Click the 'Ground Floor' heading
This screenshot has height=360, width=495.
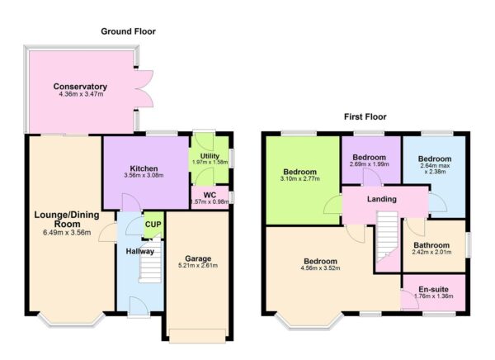(x=128, y=31)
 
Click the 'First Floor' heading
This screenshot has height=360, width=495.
(x=365, y=117)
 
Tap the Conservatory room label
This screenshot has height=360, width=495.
(x=81, y=87)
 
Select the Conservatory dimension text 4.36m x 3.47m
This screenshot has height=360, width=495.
(x=81, y=96)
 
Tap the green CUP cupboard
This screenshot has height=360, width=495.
(x=153, y=224)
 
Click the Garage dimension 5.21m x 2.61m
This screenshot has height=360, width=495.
(x=196, y=266)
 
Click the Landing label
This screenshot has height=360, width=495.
(x=382, y=200)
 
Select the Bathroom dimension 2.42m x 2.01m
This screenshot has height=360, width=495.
(x=432, y=254)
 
